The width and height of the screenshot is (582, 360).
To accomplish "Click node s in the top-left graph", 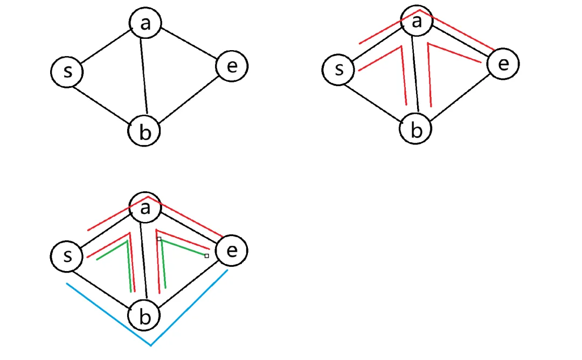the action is pos(67,71).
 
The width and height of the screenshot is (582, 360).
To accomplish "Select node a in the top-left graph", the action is pos(145,23).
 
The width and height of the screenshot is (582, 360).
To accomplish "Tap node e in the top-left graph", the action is pos(232,66).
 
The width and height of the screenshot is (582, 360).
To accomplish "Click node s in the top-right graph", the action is pos(338,70).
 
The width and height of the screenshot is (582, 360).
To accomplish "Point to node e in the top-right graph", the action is pos(503,64).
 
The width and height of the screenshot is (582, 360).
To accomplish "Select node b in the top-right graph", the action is pos(415,129).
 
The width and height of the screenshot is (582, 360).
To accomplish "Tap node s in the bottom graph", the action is pos(67,255).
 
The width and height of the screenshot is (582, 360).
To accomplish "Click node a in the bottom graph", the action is pos(144,207).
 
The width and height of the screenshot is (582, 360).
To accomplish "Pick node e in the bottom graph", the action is pos(232,251).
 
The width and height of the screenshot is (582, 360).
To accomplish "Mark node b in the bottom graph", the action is pos(144,316).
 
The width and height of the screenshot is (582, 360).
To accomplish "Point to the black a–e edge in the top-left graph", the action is pos(189,46).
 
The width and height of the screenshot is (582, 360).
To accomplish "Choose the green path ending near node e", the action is pos(183,247).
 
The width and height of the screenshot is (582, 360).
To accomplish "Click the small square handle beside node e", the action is pos(207,256).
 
